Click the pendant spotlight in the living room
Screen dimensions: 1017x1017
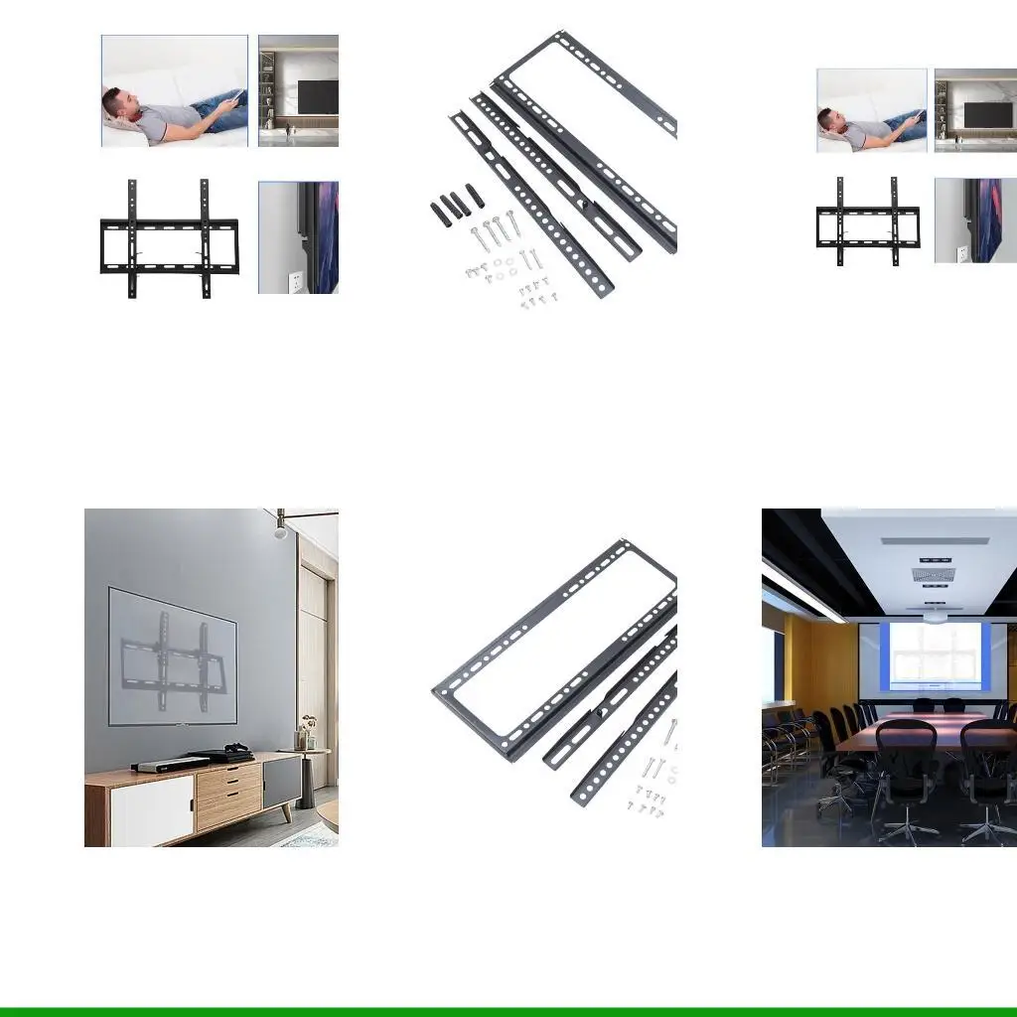281,529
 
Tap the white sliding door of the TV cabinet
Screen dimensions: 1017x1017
151,808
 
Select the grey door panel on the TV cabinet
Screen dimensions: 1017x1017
282,782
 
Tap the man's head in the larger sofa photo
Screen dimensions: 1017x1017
116,103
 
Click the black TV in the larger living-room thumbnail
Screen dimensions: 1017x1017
319,97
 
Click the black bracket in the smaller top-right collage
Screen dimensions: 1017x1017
867,223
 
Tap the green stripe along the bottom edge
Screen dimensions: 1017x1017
508,1011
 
